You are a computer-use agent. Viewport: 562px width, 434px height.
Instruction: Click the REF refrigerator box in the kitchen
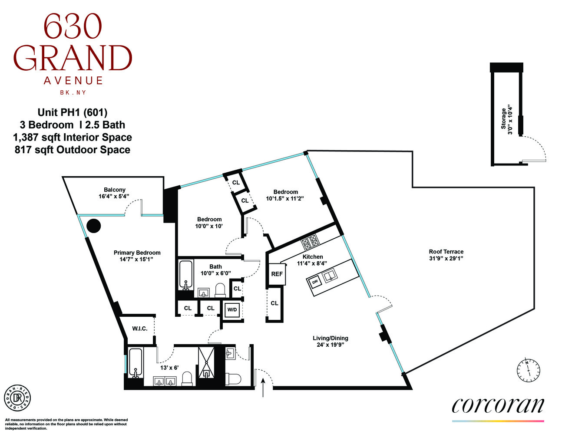[x=277, y=274]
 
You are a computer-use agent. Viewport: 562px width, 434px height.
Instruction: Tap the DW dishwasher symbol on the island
[x=315, y=282]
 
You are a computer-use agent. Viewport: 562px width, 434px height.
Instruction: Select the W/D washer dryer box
[x=232, y=309]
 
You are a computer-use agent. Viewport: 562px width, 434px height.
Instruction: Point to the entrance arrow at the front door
[x=263, y=388]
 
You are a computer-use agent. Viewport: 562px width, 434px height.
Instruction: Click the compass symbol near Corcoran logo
[x=528, y=371]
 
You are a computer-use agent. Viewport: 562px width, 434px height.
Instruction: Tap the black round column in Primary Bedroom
[x=93, y=226]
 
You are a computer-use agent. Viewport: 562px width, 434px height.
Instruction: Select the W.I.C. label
[x=139, y=329]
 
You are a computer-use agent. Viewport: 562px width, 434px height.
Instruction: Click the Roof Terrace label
[x=446, y=252]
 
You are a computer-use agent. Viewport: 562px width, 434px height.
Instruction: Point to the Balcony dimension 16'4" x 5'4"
[x=114, y=197]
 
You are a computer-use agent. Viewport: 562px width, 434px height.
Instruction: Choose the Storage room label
[x=504, y=118]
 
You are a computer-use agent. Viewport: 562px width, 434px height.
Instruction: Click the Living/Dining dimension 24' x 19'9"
[x=330, y=345]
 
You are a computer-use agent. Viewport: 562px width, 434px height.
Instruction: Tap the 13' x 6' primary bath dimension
[x=169, y=368]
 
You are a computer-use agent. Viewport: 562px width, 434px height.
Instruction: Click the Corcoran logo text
[x=498, y=405]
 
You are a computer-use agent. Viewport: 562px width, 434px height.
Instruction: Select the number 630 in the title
[x=73, y=27]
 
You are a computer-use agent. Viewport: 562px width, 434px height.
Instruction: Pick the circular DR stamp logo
[x=17, y=398]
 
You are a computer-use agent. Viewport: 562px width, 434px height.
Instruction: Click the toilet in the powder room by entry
[x=234, y=379]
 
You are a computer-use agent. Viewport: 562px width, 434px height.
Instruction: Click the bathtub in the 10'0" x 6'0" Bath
[x=186, y=275]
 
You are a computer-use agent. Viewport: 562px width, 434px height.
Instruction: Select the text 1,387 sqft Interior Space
[x=73, y=138]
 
